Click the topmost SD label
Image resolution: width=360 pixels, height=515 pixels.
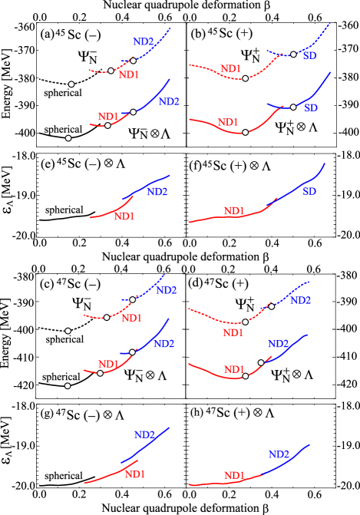click(x=309, y=56)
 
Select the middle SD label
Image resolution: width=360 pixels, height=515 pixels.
click(x=310, y=108)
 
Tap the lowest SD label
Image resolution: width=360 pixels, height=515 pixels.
click(x=309, y=191)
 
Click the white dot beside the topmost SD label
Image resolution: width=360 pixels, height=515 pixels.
click(x=293, y=54)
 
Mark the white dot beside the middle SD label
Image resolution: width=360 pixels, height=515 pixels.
click(x=293, y=107)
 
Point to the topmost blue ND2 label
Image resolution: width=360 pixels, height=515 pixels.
click(x=143, y=42)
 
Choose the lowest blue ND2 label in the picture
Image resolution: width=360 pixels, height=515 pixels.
click(x=279, y=454)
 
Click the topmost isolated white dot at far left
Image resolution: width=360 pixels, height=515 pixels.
click(x=71, y=84)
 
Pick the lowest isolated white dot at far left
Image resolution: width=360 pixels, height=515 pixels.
click(x=68, y=386)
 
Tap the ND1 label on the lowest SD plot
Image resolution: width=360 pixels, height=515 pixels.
click(x=234, y=211)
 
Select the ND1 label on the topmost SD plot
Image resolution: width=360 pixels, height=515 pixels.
click(x=230, y=68)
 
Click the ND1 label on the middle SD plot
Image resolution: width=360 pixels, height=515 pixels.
click(x=228, y=122)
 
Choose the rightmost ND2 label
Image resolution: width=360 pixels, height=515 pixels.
click(x=300, y=300)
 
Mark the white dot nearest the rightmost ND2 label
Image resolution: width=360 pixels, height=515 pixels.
click(x=271, y=306)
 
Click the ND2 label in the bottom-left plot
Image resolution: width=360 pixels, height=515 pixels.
click(x=144, y=434)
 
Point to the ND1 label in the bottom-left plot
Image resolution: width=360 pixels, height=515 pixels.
click(x=135, y=474)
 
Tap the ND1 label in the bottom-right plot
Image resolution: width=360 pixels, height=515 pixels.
click(x=234, y=476)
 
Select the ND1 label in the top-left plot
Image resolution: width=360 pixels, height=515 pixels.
click(x=129, y=74)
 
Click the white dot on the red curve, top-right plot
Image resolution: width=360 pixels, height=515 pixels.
click(x=245, y=78)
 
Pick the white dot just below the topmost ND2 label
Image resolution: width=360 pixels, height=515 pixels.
click(x=133, y=60)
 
